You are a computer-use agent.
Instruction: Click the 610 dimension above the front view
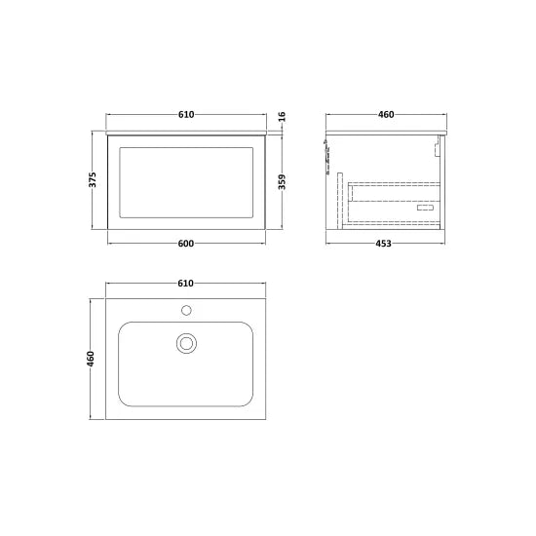186,115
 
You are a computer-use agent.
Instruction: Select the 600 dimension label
186,244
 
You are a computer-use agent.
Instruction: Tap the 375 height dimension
93,180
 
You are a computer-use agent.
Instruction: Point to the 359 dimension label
282,182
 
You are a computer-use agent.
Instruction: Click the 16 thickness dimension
282,117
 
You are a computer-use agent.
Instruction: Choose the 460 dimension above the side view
386,115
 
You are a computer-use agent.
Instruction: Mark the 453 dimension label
384,244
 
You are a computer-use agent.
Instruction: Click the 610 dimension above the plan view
185,284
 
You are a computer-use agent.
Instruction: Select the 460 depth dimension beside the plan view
91,359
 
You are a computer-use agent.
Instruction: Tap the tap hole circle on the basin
186,310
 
